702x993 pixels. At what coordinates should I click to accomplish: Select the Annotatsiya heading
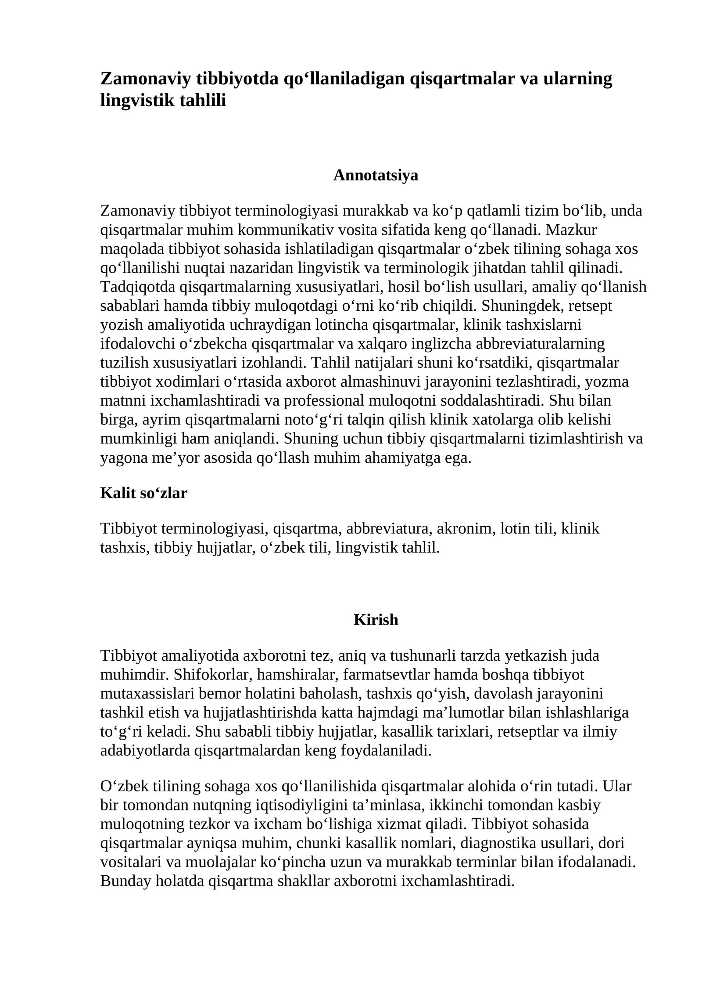tap(376, 175)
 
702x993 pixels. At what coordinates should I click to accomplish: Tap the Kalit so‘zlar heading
tap(143, 493)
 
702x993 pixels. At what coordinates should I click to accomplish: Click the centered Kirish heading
tap(376, 619)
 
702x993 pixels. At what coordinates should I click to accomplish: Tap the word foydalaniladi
tap(386, 750)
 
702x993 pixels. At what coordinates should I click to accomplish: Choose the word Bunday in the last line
tap(126, 881)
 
